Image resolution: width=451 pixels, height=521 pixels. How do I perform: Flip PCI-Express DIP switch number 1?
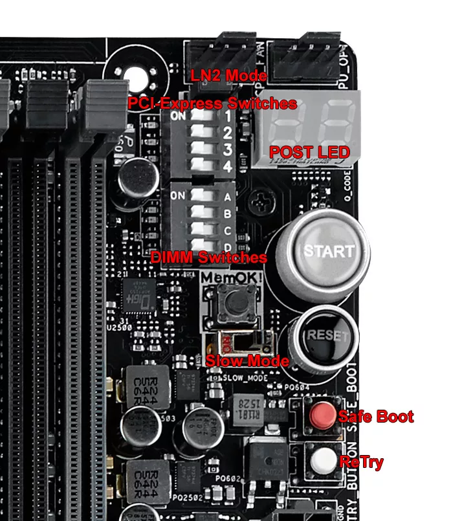pyautogui.click(x=201, y=117)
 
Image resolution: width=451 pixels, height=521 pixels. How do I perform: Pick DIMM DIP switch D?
pyautogui.click(x=201, y=245)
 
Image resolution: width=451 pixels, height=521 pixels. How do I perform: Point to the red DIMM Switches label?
pyautogui.click(x=208, y=257)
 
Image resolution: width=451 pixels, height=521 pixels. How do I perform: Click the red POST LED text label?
pyautogui.click(x=309, y=153)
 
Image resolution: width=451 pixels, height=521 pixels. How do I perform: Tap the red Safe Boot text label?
pyautogui.click(x=375, y=416)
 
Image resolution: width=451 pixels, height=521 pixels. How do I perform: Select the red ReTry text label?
pyautogui.click(x=361, y=462)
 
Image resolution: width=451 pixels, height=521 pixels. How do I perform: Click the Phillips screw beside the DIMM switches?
pyautogui.click(x=262, y=199)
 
